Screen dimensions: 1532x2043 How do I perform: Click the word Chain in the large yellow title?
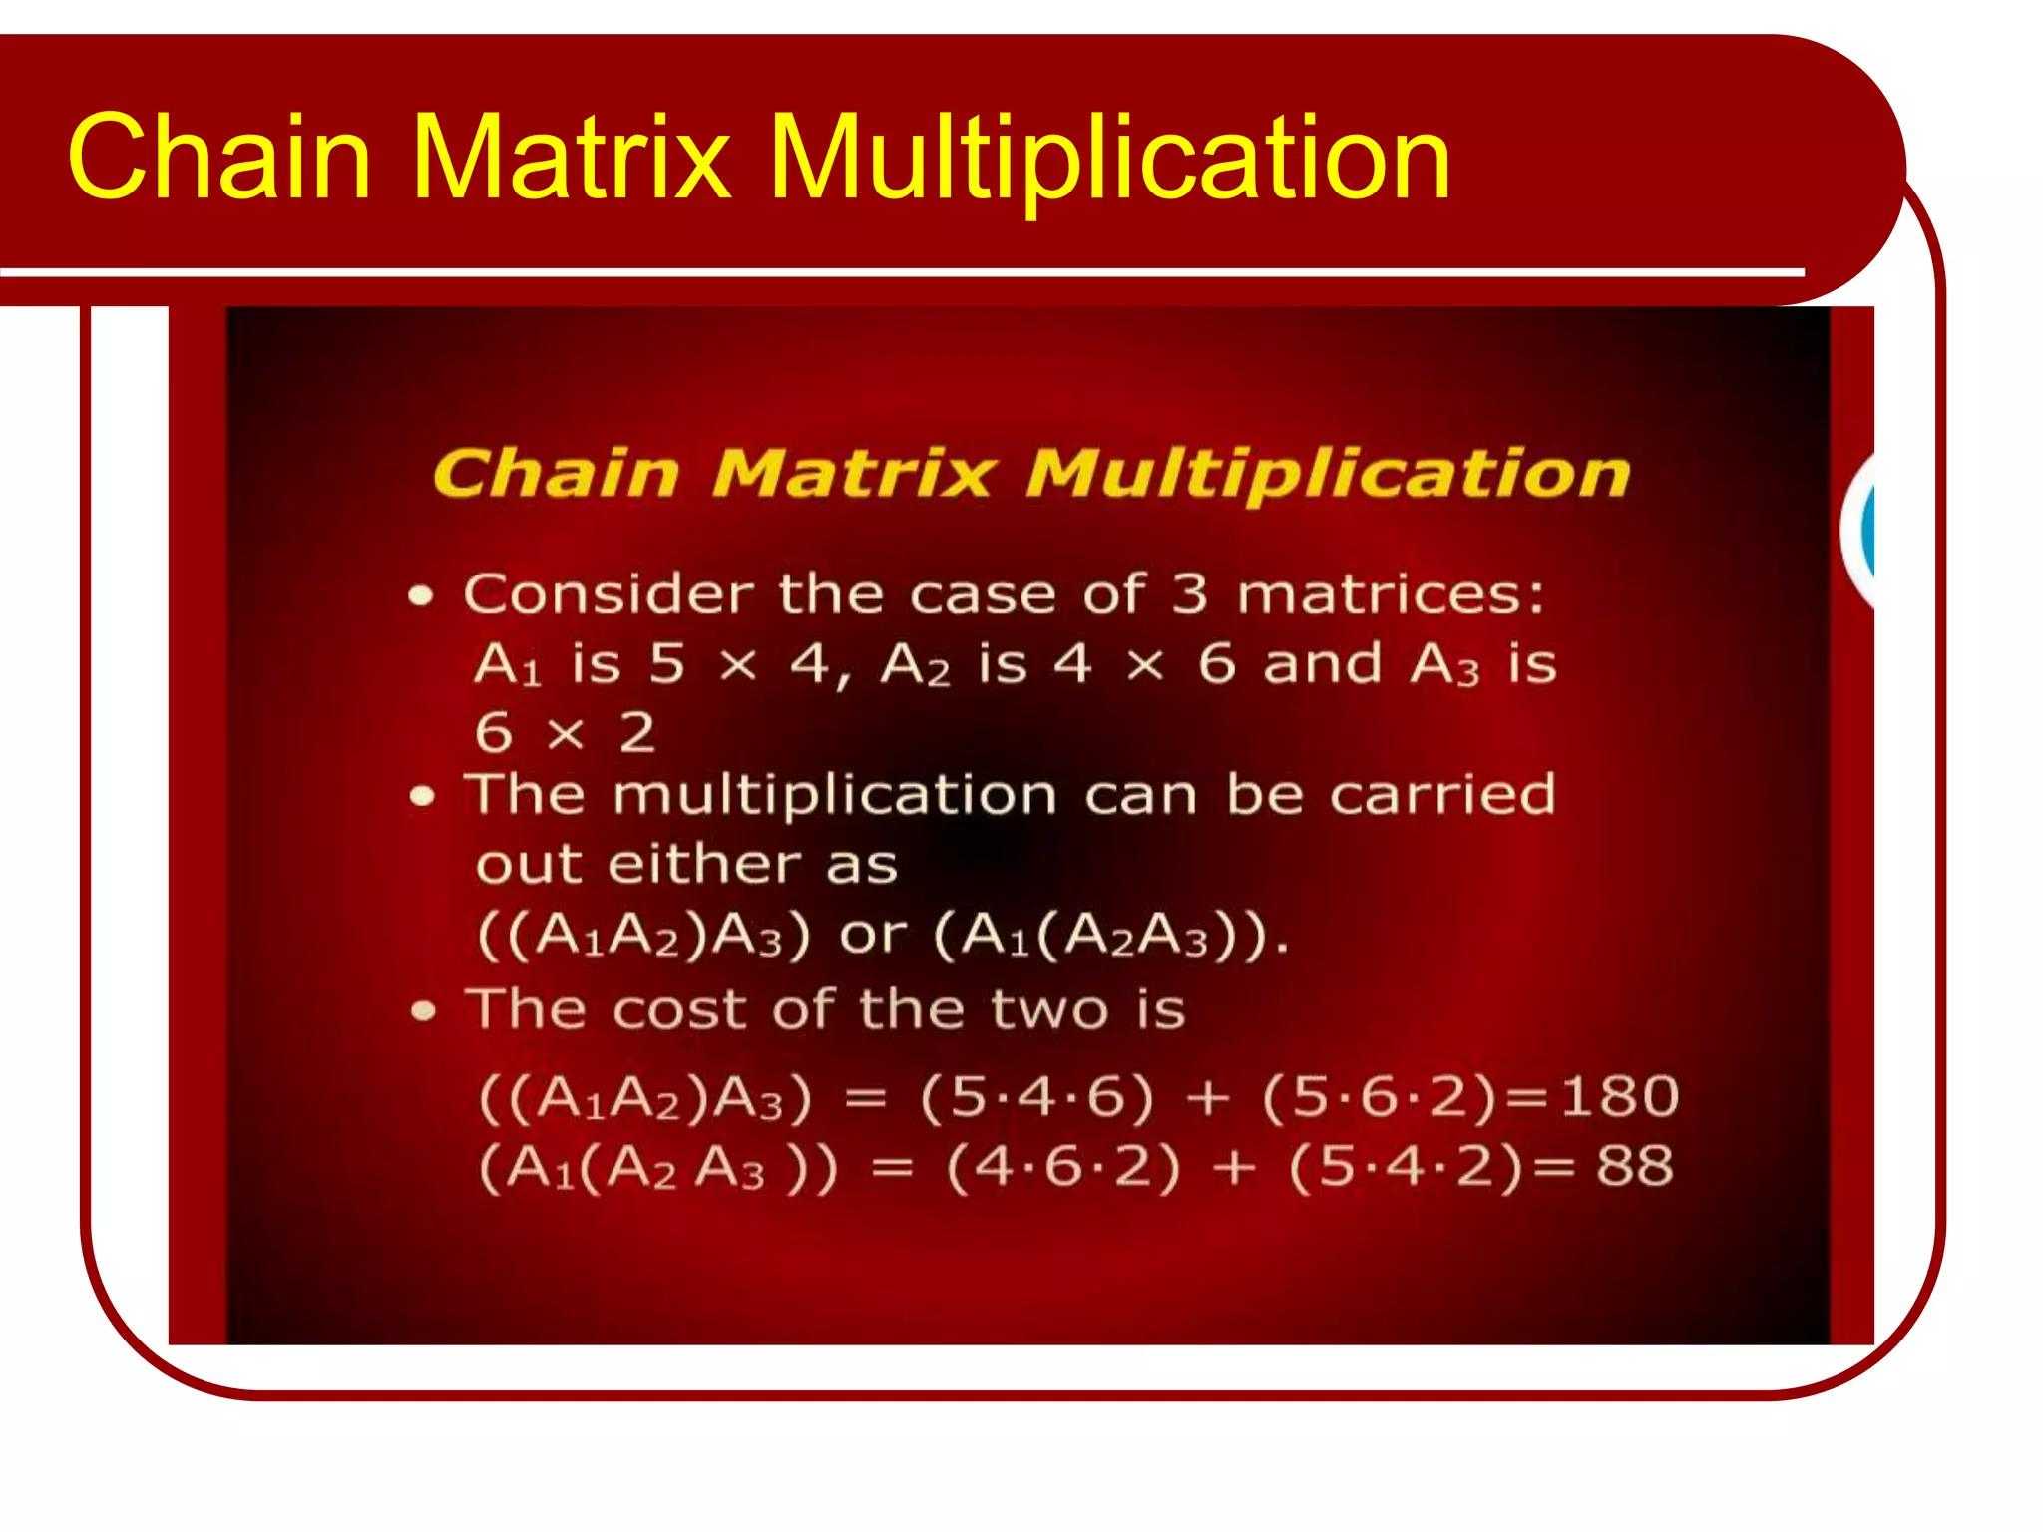coord(219,158)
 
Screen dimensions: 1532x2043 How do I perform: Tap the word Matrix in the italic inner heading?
coord(853,473)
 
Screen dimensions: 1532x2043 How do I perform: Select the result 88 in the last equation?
coord(1634,1165)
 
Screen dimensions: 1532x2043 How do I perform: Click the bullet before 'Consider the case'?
coord(421,596)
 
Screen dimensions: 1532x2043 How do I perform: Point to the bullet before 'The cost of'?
coord(423,1011)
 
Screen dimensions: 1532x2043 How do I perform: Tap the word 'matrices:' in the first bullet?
coord(1391,594)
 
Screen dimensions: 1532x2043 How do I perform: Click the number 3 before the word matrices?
coord(1188,594)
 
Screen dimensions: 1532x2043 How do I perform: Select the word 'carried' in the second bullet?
coord(1441,795)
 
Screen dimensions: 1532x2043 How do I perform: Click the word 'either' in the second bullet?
coord(704,864)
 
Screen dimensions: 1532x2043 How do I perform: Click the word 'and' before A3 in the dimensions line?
coord(1322,664)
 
